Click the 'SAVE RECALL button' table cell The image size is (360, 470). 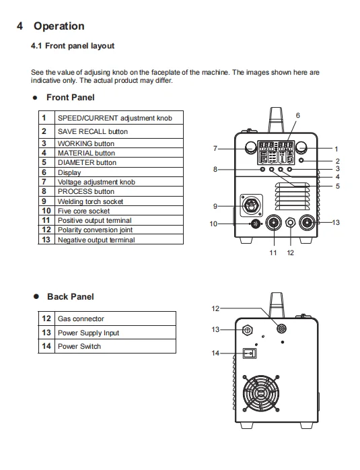click(119, 131)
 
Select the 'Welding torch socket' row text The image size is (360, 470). click(90, 201)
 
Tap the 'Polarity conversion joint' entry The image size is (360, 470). click(95, 230)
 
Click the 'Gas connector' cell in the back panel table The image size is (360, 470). click(115, 318)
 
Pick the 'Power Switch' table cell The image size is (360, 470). click(115, 346)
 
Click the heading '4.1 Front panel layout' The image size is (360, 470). click(73, 46)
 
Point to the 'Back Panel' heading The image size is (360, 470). click(71, 297)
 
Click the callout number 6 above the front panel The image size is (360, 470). click(297, 115)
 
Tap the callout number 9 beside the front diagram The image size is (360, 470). click(215, 206)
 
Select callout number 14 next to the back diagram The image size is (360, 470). click(215, 353)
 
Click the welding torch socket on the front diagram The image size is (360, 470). click(251, 205)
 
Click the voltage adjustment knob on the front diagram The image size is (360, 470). click(251, 147)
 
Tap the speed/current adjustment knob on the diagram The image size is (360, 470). click(301, 147)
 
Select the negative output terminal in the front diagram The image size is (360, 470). click(308, 223)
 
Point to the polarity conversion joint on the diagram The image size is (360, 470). click(290, 223)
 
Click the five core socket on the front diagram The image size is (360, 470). click(256, 224)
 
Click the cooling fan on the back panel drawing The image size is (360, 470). click(261, 393)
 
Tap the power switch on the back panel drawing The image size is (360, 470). click(250, 354)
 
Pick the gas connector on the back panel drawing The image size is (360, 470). click(281, 329)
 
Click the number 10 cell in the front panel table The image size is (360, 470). click(46, 211)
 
